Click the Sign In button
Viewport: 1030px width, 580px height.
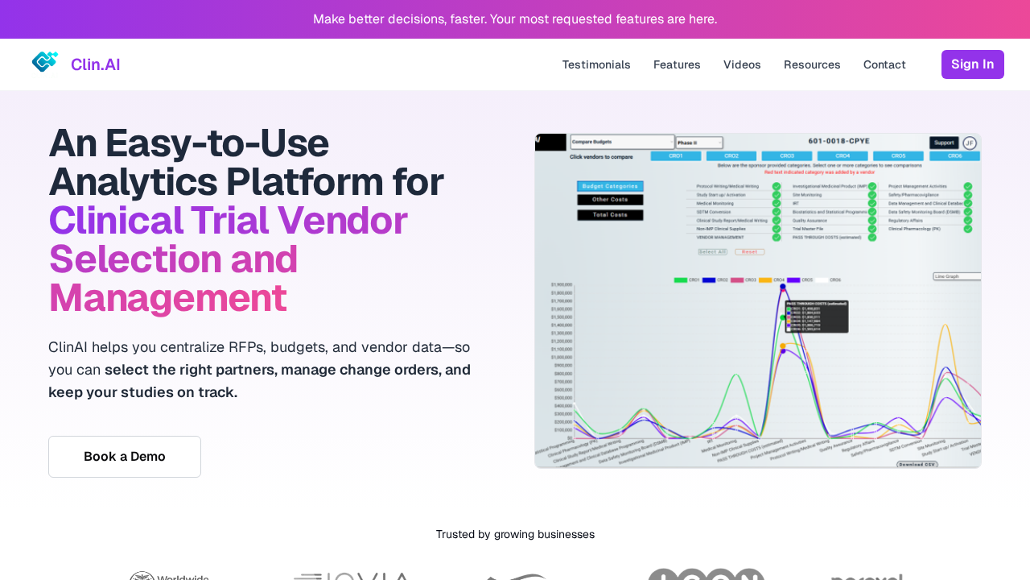click(972, 64)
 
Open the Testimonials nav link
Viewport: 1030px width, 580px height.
click(596, 64)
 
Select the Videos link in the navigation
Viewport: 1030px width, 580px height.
click(742, 64)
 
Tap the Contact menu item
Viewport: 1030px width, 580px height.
click(884, 64)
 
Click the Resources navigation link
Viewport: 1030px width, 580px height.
click(812, 64)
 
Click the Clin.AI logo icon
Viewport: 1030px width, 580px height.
click(45, 62)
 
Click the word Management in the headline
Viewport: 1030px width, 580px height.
click(167, 297)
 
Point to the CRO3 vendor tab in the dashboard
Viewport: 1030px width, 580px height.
click(786, 156)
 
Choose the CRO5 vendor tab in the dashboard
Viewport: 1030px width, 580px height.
click(898, 156)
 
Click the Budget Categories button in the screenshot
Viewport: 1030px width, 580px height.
click(610, 186)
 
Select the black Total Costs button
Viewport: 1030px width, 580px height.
click(610, 215)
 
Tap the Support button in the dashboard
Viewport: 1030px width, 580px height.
click(943, 143)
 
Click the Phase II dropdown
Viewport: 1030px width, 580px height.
click(698, 143)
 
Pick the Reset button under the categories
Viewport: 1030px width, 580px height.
click(749, 252)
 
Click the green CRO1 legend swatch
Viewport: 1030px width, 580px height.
click(681, 280)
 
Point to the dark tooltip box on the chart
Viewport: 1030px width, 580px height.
click(817, 317)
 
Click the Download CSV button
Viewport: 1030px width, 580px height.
click(917, 465)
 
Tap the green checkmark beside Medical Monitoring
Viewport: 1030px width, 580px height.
click(777, 204)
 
